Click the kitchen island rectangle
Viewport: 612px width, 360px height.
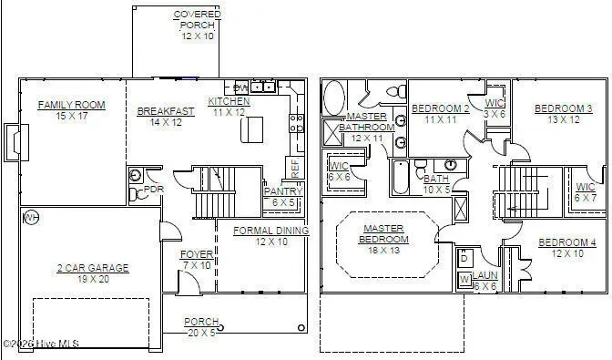pos(251,130)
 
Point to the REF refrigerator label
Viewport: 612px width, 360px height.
pos(295,167)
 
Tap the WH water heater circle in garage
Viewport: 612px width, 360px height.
pos(30,217)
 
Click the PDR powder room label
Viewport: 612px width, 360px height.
pos(154,190)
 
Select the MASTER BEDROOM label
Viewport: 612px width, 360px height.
pos(384,233)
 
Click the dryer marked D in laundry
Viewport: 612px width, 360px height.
pos(463,256)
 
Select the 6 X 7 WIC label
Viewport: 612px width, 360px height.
pos(586,192)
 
